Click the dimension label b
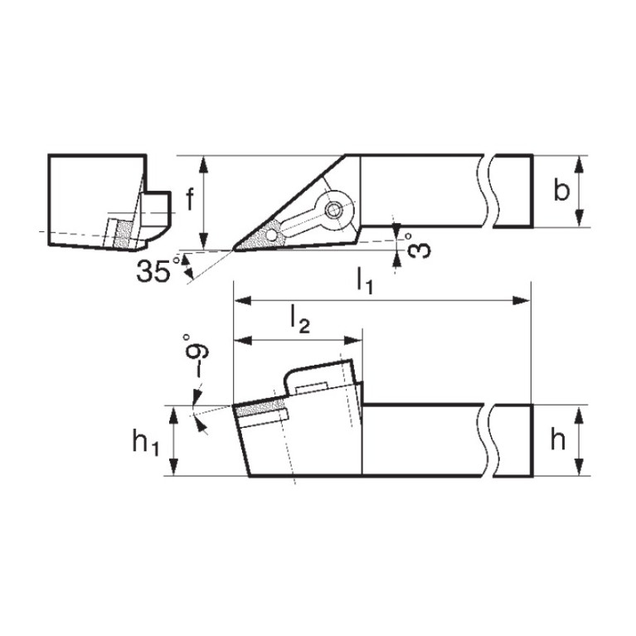pyautogui.click(x=561, y=190)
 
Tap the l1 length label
pyautogui.click(x=365, y=282)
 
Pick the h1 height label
pyautogui.click(x=145, y=442)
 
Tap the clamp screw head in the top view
pyautogui.click(x=334, y=210)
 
